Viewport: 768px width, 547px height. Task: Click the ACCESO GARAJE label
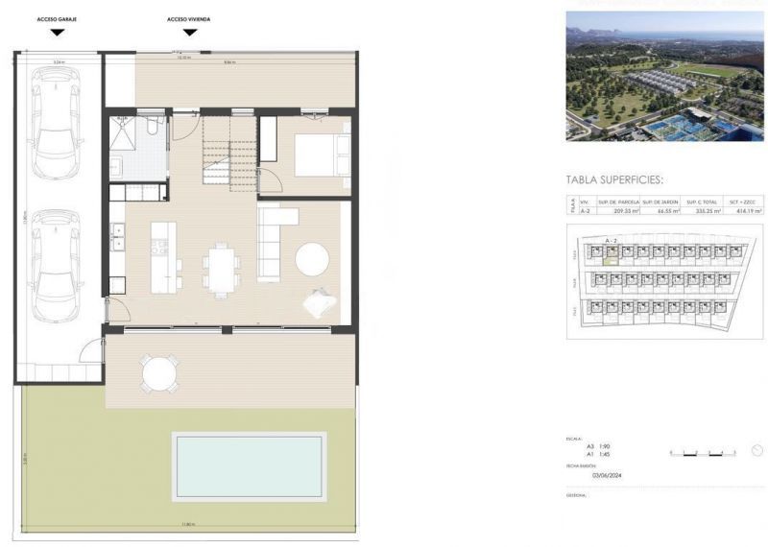click(x=57, y=19)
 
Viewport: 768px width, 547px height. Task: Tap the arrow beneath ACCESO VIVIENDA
click(x=190, y=32)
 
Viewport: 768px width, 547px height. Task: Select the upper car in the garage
click(x=56, y=123)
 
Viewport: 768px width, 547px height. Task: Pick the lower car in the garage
click(x=55, y=268)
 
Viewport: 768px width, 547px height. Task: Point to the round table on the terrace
click(x=159, y=372)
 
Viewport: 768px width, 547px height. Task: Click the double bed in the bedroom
click(x=322, y=155)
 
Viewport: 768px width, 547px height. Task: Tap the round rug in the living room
click(x=314, y=259)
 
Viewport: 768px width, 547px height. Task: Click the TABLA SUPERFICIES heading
click(x=615, y=178)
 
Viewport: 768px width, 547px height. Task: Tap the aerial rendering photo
click(x=664, y=76)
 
